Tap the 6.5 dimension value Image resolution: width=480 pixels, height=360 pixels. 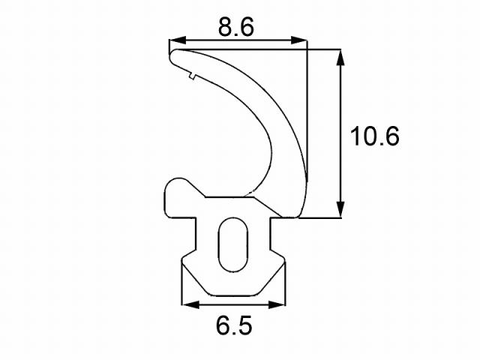233,326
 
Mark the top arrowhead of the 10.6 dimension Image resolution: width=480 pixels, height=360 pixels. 341,57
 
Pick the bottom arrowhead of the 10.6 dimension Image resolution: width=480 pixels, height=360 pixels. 341,211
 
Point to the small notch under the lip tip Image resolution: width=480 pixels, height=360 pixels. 191,74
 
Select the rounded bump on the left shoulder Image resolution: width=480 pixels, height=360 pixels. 176,187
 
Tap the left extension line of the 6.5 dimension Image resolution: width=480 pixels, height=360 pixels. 181,289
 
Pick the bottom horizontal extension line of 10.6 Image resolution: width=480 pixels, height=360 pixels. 322,218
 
